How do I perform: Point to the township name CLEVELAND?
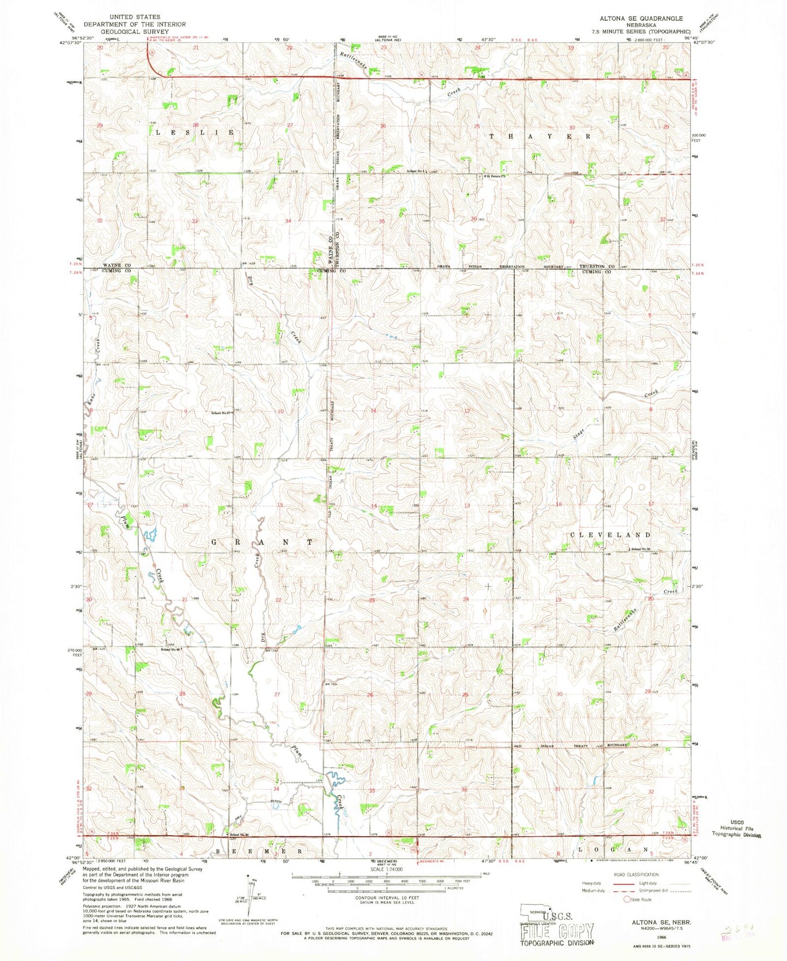click(x=610, y=535)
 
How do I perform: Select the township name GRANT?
click(x=262, y=542)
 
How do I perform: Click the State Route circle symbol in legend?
click(x=627, y=899)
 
